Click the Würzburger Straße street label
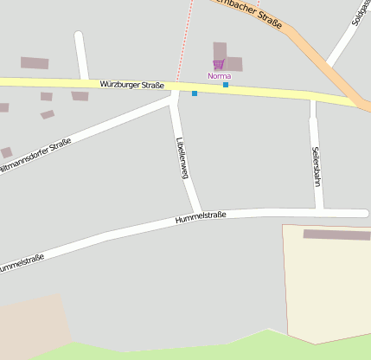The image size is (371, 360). (131, 84)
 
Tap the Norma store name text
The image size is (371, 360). (219, 76)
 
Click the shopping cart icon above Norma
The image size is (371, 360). (219, 64)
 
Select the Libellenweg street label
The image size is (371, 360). (182, 157)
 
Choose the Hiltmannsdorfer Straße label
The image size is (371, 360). (36, 156)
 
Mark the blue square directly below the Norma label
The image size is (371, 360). (226, 85)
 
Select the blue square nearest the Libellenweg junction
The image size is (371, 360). (195, 93)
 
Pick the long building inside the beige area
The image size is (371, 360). (336, 235)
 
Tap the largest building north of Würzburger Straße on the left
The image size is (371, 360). (35, 63)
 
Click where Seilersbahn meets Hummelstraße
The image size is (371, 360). (319, 210)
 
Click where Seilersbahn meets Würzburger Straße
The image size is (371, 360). (313, 98)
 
